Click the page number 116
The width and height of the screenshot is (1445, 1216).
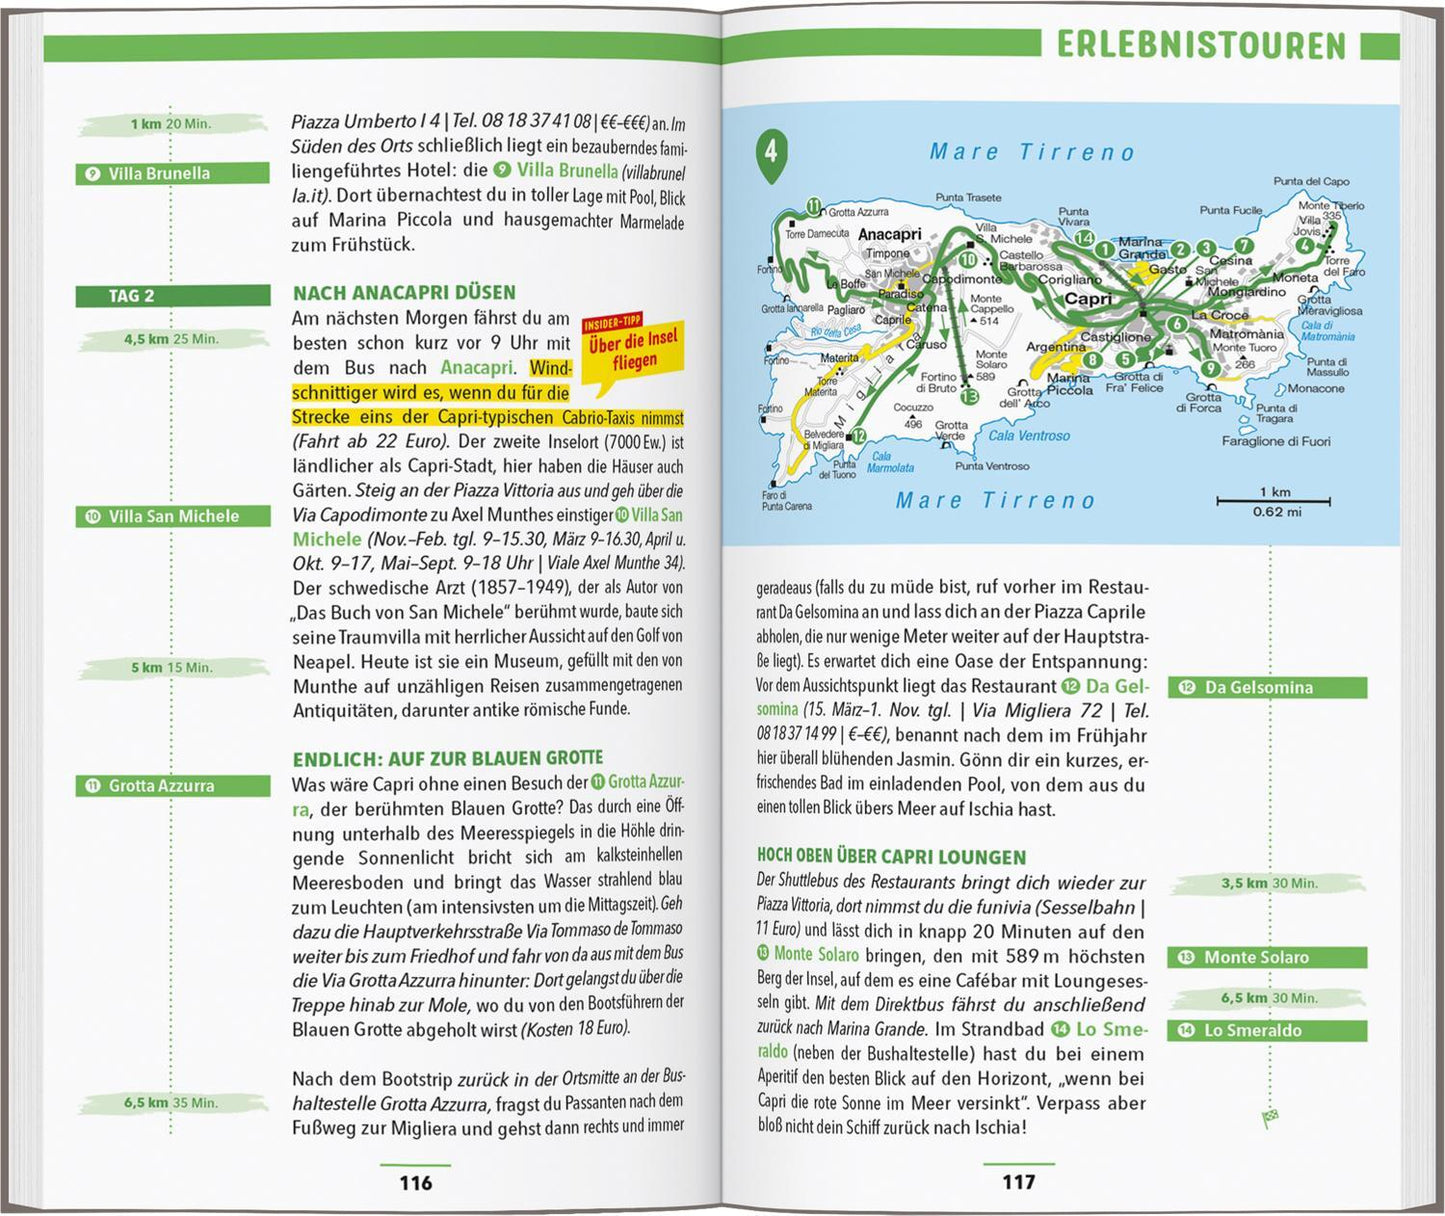[415, 1183]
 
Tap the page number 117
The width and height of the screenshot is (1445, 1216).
[1018, 1182]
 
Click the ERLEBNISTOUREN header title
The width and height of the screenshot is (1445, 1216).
[1201, 46]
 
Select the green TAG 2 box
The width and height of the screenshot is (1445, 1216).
[172, 296]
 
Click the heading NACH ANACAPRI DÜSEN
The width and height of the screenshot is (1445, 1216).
[404, 293]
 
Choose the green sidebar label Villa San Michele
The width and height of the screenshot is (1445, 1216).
[172, 517]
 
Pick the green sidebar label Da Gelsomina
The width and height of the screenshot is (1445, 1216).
[1266, 688]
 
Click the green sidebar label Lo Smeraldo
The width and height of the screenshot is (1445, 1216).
[1266, 1031]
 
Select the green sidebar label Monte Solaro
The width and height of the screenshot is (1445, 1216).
[1266, 958]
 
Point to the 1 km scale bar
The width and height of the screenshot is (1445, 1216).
[1272, 499]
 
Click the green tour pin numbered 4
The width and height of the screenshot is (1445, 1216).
[770, 155]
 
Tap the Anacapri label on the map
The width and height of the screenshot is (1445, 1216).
[889, 234]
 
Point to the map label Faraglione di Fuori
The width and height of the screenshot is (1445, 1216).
[1276, 441]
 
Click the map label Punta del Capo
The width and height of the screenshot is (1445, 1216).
[1311, 182]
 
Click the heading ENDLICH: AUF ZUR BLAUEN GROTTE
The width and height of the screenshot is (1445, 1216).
[447, 759]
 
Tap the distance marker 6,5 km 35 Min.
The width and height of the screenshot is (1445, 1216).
[170, 1103]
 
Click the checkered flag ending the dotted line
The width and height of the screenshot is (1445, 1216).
[1271, 1117]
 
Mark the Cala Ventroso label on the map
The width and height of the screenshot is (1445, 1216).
[1029, 436]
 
